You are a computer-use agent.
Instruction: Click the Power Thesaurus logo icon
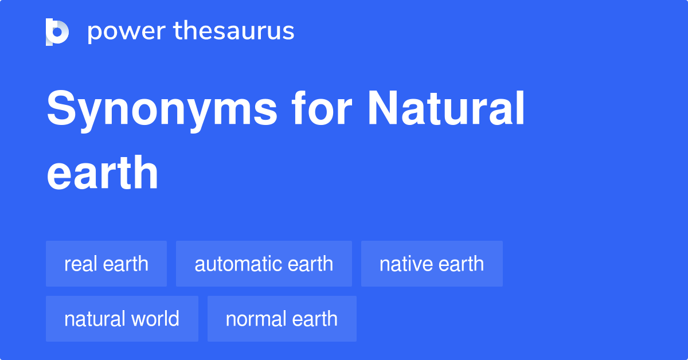pos(57,32)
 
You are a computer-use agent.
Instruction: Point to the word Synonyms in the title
pos(162,110)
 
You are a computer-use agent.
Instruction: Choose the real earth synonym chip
pos(106,264)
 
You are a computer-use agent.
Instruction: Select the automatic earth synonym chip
pos(264,264)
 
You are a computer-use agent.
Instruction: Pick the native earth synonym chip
pos(432,264)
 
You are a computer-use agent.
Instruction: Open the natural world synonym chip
pos(122,319)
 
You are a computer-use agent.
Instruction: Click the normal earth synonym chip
pos(282,319)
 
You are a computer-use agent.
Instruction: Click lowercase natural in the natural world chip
pos(93,319)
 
